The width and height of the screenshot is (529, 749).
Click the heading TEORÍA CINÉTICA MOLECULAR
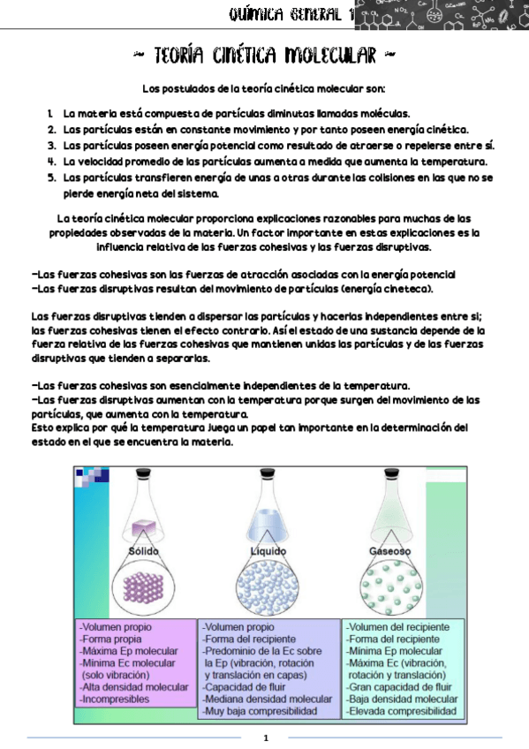264,57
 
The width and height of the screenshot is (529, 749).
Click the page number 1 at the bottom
265,738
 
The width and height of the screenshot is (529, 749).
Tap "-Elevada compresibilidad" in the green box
402,710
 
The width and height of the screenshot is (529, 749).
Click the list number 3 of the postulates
52,145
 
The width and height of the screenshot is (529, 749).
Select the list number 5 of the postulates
52,177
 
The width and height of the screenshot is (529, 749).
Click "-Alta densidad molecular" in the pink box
134,686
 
